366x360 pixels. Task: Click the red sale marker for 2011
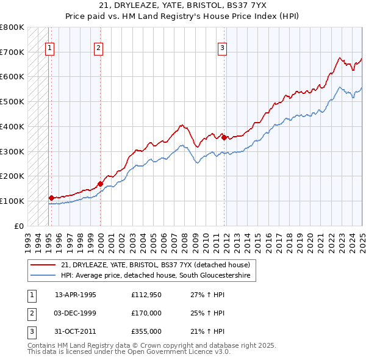point(224,137)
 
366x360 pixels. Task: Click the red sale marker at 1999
point(100,183)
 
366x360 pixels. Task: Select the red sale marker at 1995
point(51,198)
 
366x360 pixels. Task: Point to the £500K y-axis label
point(12,101)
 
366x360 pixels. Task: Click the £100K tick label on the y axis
point(12,201)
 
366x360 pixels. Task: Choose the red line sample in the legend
point(43,265)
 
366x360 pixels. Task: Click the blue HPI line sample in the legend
point(43,276)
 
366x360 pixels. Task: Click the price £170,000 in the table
point(146,313)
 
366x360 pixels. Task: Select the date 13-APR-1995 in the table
point(76,295)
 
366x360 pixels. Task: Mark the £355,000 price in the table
point(146,331)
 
